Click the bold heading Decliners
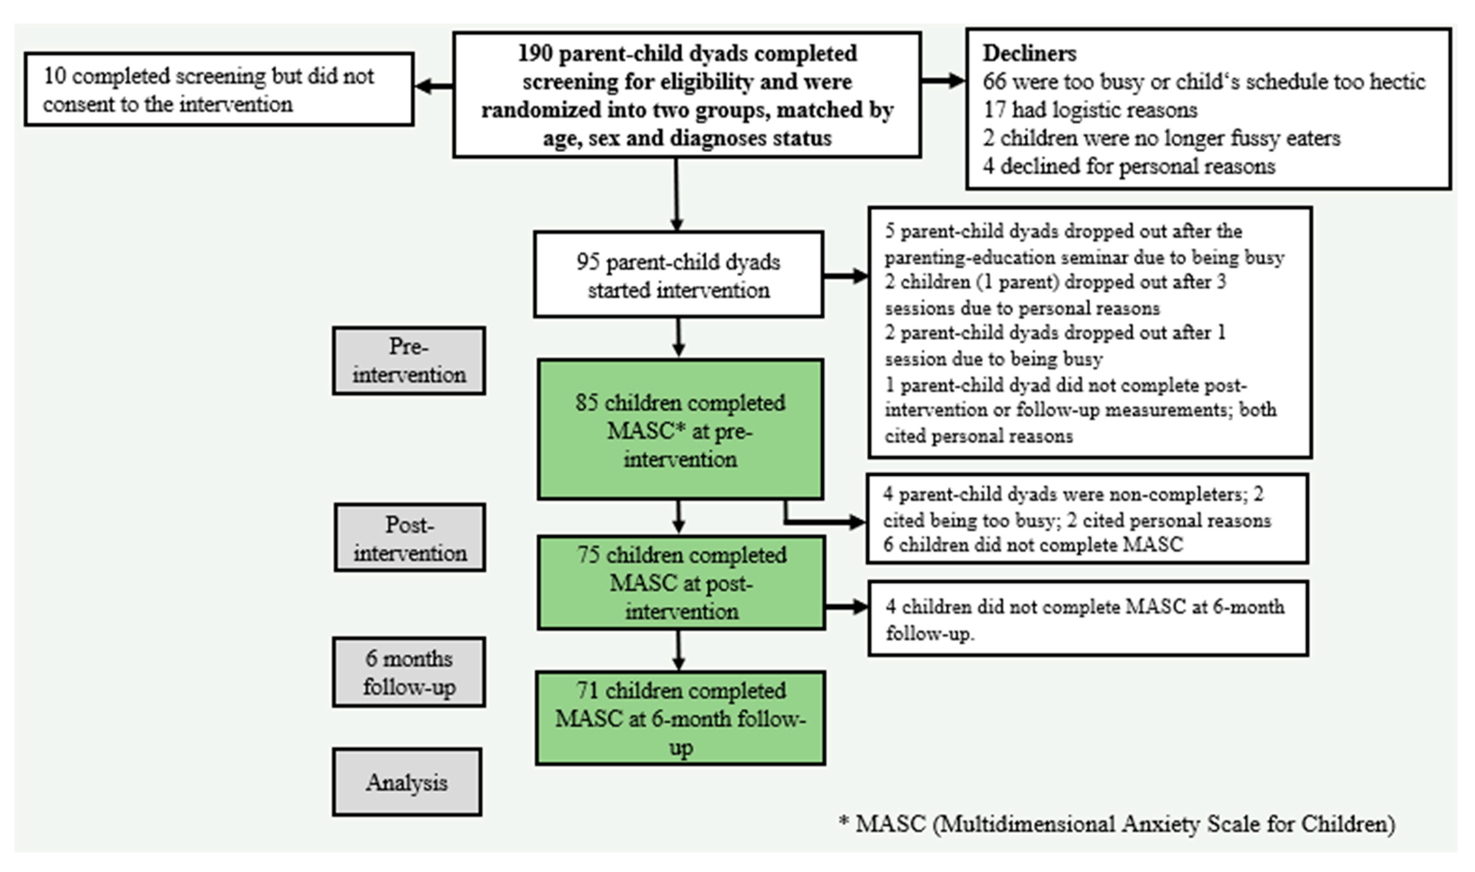click(1030, 54)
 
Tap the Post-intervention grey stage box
click(410, 538)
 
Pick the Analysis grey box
click(407, 782)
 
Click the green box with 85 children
click(680, 430)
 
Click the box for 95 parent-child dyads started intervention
click(678, 275)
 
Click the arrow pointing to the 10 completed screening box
click(434, 86)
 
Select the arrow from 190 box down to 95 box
click(676, 194)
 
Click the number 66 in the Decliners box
click(994, 82)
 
